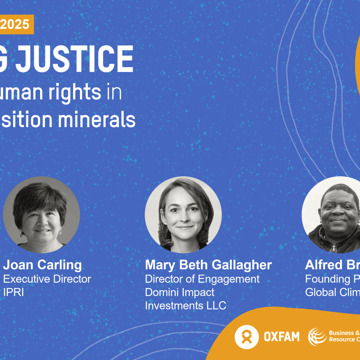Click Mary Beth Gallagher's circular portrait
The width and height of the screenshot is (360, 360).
tap(183, 214)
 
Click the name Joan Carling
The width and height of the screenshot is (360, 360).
tap(42, 265)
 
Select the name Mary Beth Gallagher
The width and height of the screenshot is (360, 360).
tap(208, 265)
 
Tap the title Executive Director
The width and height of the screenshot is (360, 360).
tap(47, 279)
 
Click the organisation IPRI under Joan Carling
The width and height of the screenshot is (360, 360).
tap(13, 292)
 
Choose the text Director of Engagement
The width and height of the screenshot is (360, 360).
tap(202, 279)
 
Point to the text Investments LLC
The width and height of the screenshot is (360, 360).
tap(186, 306)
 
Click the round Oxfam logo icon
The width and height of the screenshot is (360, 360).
tap(246, 337)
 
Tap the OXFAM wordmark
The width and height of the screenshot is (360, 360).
tap(281, 337)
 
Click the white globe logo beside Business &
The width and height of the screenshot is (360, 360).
tap(317, 336)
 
